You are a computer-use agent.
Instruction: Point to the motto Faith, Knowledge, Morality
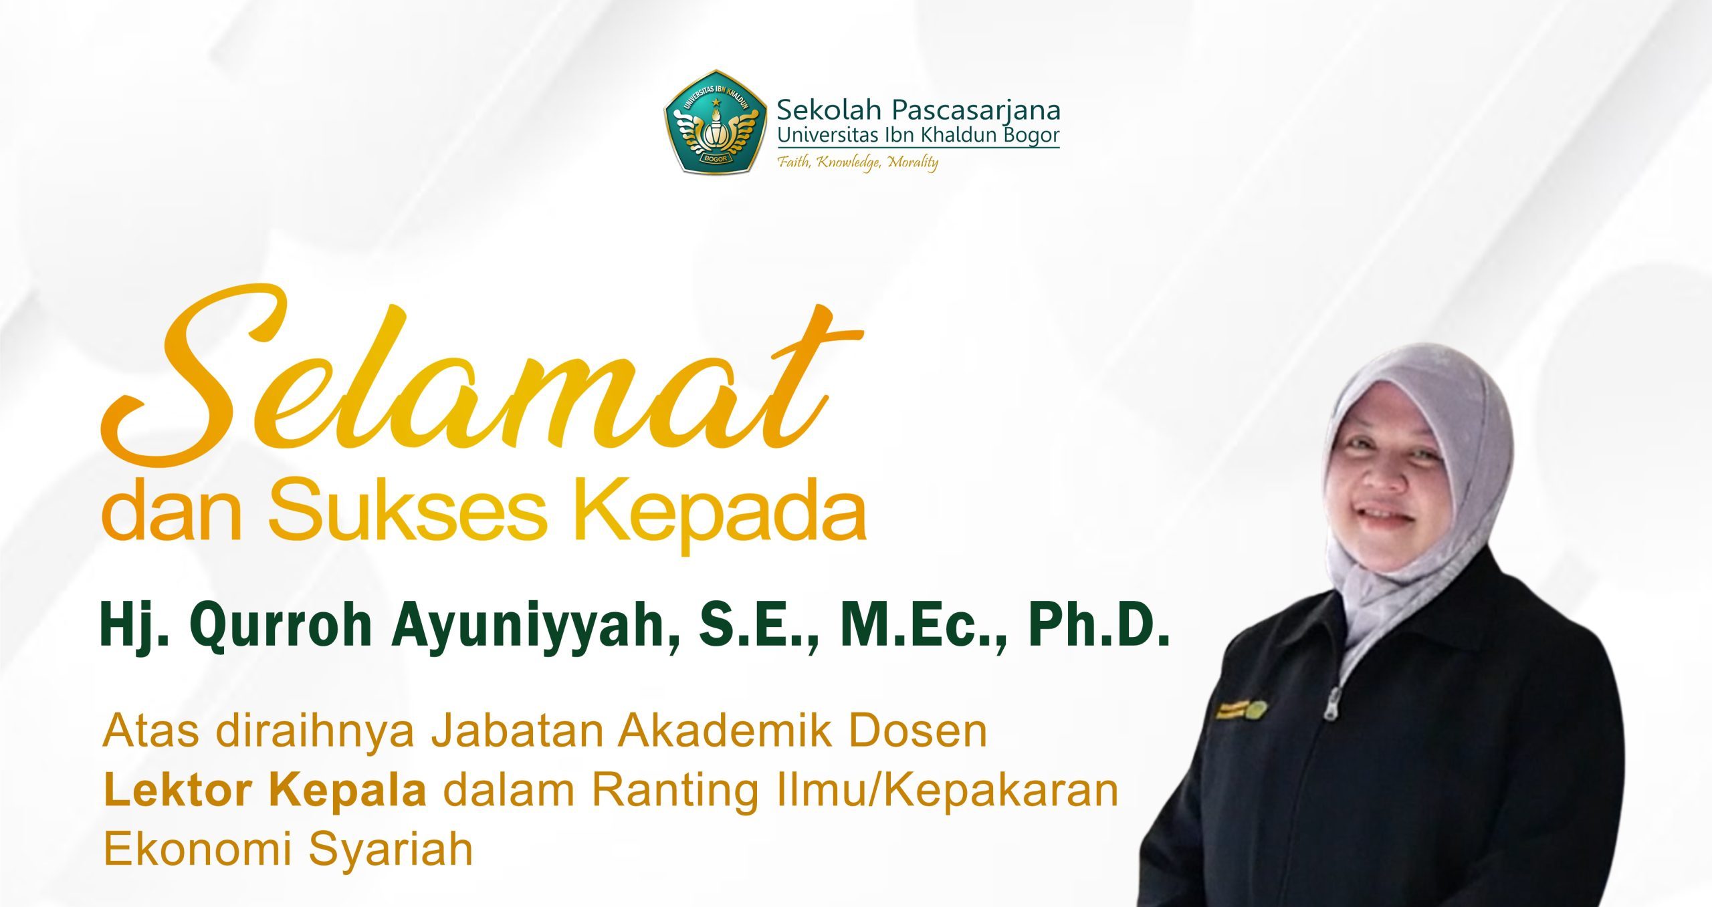(x=857, y=162)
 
